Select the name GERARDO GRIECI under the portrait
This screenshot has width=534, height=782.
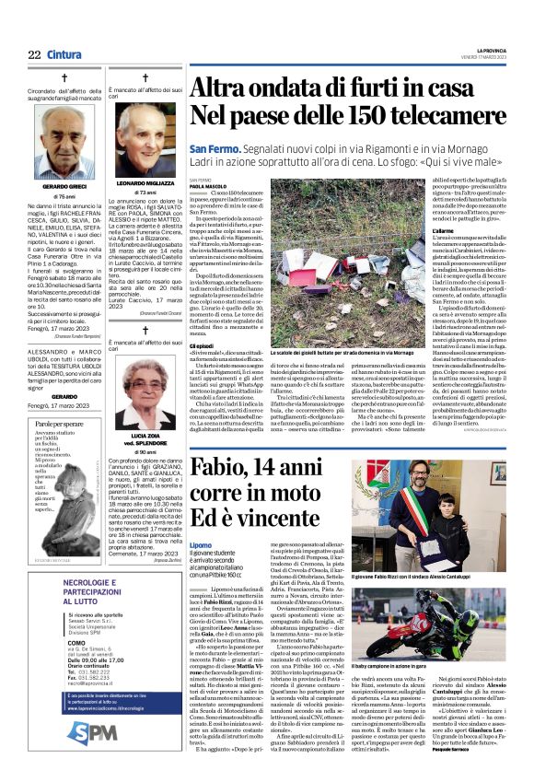pos(64,187)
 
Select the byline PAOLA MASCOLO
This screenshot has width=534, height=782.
pos(209,185)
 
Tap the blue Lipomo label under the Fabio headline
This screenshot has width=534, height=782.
pos(201,544)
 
